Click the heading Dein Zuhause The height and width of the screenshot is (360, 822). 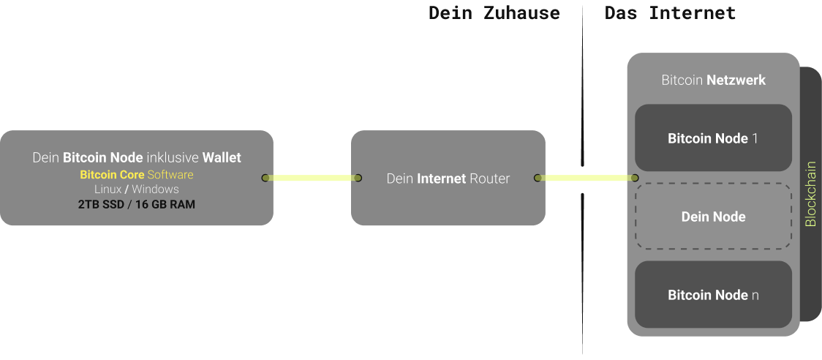coord(494,12)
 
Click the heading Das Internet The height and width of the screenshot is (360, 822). coord(670,12)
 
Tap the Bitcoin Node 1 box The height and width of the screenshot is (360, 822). coord(713,138)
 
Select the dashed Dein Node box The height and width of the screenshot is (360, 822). coord(713,216)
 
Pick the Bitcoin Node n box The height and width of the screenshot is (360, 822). coord(713,294)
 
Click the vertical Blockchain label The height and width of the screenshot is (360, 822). coord(810,194)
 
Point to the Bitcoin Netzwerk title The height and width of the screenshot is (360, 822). coord(714,80)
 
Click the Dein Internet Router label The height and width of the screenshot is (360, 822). coord(448,179)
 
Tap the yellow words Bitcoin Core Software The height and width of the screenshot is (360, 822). coord(136,174)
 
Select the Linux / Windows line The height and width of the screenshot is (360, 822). coord(136,189)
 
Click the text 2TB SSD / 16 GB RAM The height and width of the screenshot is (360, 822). coord(136,204)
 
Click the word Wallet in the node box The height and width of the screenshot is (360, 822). coord(222,157)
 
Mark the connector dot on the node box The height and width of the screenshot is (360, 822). coord(265,178)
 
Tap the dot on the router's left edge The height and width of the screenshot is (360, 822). coord(358,178)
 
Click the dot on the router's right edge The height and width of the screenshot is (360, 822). coord(538,178)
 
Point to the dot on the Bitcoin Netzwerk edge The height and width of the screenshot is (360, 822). coord(635,178)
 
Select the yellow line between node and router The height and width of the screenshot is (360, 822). coord(312,178)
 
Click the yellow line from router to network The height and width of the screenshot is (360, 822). coord(586,178)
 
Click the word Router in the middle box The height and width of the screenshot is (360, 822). coord(490,179)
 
